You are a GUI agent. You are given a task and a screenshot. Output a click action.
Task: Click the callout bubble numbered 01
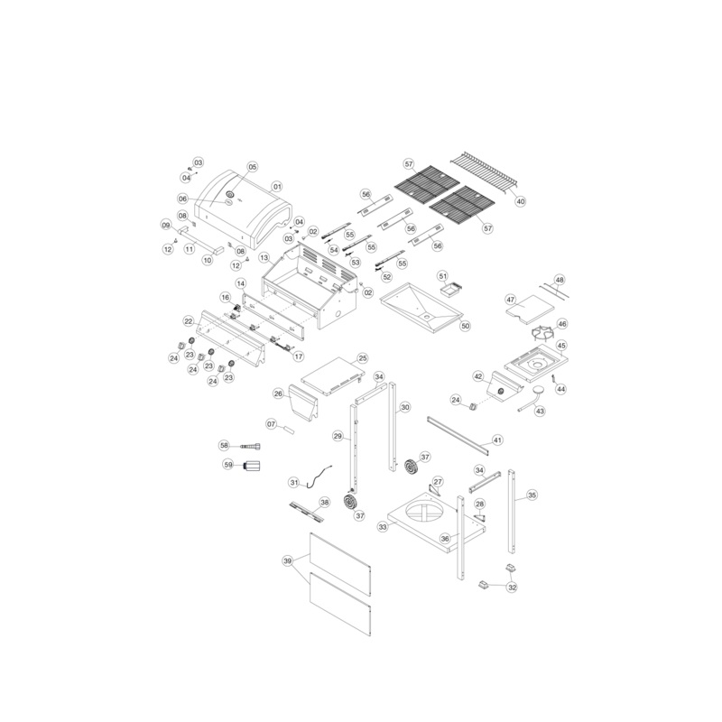click(277, 187)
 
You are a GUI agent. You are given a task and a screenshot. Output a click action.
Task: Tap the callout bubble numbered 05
click(253, 167)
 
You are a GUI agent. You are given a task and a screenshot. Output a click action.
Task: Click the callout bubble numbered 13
click(264, 257)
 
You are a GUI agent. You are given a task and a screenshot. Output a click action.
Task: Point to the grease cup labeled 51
click(449, 291)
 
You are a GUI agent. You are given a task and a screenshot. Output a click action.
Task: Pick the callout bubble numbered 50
click(465, 326)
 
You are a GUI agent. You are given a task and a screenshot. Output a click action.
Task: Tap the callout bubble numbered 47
click(511, 300)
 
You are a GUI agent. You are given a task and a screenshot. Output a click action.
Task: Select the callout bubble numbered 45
click(561, 346)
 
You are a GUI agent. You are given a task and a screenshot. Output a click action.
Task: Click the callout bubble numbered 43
click(540, 411)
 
